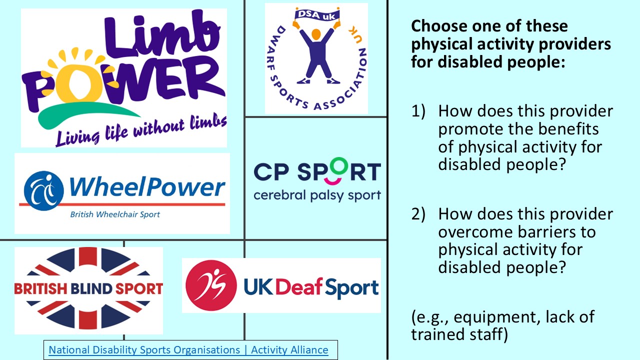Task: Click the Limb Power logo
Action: [x=123, y=78]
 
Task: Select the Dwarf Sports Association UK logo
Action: [x=316, y=58]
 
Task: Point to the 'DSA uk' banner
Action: [x=315, y=15]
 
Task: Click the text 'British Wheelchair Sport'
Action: [x=115, y=214]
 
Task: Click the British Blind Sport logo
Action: [x=88, y=289]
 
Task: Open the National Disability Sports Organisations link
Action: [x=188, y=350]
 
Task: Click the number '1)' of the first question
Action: [x=418, y=111]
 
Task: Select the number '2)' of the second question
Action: [x=418, y=214]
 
